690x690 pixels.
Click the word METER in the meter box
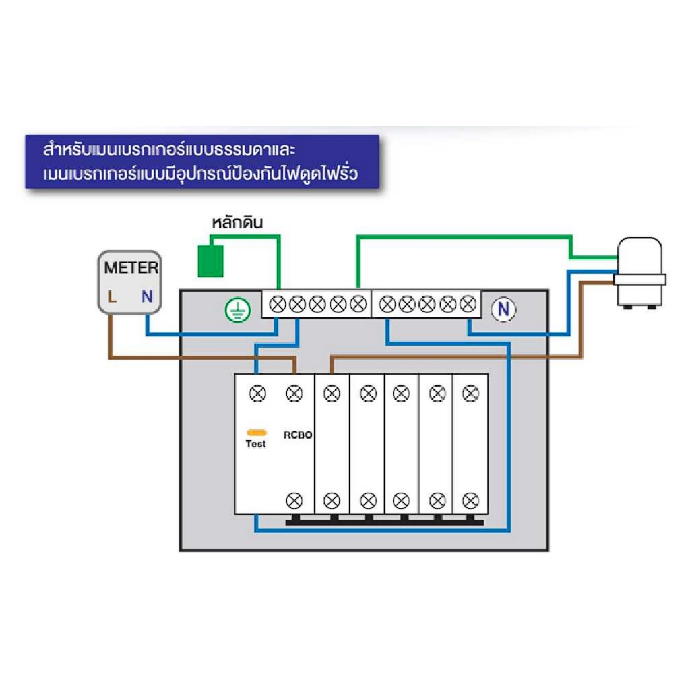tap(131, 268)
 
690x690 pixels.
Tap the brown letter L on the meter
tap(113, 295)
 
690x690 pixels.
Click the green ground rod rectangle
tap(210, 261)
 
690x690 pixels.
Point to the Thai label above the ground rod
tap(237, 223)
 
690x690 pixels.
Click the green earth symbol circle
tap(237, 309)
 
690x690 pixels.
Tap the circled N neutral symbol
tap(503, 309)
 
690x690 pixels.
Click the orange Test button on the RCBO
tap(256, 432)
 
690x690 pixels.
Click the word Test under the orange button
tap(256, 444)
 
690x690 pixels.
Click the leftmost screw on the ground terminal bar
tap(276, 305)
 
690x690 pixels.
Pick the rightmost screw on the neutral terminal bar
tap(468, 305)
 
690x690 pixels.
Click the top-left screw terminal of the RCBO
tap(257, 393)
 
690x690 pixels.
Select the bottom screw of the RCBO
tap(294, 501)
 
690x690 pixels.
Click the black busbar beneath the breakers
tap(384, 520)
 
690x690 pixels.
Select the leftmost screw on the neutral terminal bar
tap(387, 305)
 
